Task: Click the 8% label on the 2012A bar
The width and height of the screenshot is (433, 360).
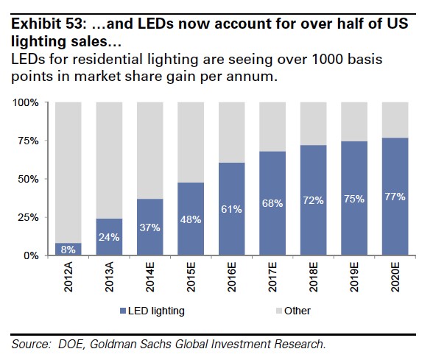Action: [68, 250]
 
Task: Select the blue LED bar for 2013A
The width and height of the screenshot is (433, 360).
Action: [109, 237]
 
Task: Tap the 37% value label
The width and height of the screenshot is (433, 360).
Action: [150, 228]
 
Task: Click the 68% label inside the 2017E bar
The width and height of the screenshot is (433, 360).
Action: [273, 203]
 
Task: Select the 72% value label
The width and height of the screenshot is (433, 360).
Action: [314, 200]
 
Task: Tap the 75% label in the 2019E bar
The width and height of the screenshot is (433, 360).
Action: [355, 199]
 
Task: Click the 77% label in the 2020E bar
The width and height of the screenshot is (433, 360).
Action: [396, 197]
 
